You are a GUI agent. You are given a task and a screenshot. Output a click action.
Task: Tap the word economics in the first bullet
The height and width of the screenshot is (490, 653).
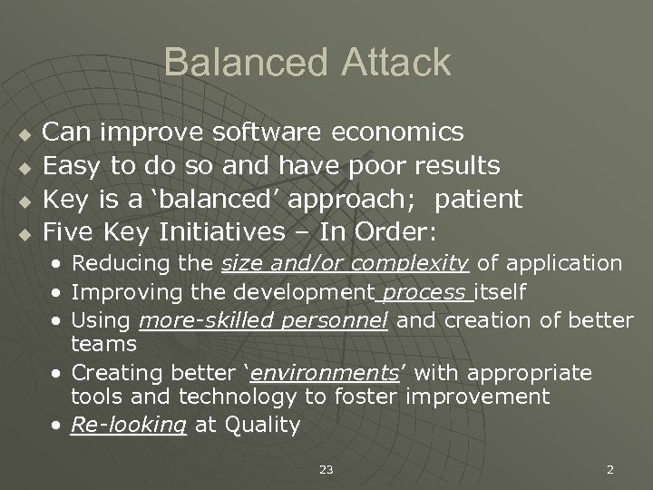click(398, 132)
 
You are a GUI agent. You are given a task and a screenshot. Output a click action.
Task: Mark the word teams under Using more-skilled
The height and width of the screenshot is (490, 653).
click(103, 345)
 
